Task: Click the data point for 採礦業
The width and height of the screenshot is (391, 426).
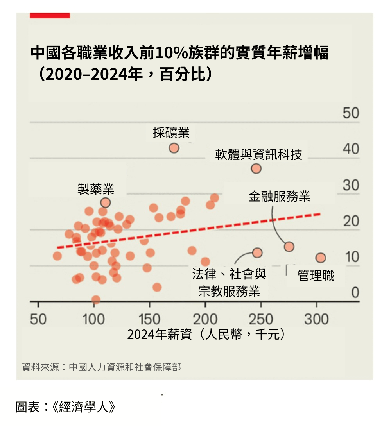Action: pyautogui.click(x=174, y=148)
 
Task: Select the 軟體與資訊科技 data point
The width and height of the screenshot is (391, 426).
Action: pyautogui.click(x=256, y=168)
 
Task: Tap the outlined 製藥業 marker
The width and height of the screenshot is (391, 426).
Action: pyautogui.click(x=106, y=202)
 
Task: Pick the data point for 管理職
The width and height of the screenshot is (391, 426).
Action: pyautogui.click(x=321, y=258)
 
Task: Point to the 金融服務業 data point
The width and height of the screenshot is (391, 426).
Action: pyautogui.click(x=289, y=247)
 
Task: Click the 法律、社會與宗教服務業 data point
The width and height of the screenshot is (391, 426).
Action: pyautogui.click(x=257, y=252)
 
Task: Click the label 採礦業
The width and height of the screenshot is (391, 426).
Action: pyautogui.click(x=171, y=133)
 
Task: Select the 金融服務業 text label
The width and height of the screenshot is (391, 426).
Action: pyautogui.click(x=279, y=196)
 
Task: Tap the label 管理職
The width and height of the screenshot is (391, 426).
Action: pyautogui.click(x=316, y=276)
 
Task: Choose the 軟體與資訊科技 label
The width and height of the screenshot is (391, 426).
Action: pyautogui.click(x=258, y=154)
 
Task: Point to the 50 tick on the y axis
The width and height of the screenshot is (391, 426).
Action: pyautogui.click(x=351, y=113)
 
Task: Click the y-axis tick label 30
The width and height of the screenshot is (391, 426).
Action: pyautogui.click(x=351, y=185)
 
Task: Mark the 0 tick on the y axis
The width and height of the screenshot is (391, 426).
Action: pyautogui.click(x=355, y=293)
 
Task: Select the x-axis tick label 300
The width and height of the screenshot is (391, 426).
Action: pyautogui.click(x=316, y=319)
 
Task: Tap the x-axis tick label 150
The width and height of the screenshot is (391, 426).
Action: pyautogui.click(x=149, y=319)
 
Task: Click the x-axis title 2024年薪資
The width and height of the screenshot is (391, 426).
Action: pyautogui.click(x=205, y=335)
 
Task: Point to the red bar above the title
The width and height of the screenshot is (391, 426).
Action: pyautogui.click(x=50, y=15)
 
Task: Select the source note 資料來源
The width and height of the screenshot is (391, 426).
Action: pyautogui.click(x=101, y=367)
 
